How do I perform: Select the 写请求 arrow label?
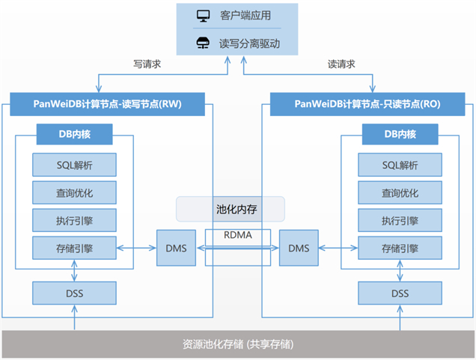[147, 64]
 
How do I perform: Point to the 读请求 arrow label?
[341, 64]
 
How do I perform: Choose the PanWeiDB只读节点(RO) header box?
[367, 104]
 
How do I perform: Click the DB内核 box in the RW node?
[75, 135]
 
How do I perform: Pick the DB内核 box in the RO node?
[400, 135]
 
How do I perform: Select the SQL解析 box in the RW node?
[74, 164]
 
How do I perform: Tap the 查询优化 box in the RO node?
[400, 192]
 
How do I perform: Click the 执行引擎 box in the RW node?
[74, 219]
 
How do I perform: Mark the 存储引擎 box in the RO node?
[400, 247]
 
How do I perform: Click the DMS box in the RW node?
[176, 248]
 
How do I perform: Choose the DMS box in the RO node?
[299, 248]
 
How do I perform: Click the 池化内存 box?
[231, 209]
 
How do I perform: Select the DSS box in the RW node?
[74, 292]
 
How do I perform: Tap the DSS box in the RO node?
[400, 292]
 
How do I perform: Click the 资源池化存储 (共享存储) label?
[238, 344]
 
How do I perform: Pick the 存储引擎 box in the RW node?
[74, 247]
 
